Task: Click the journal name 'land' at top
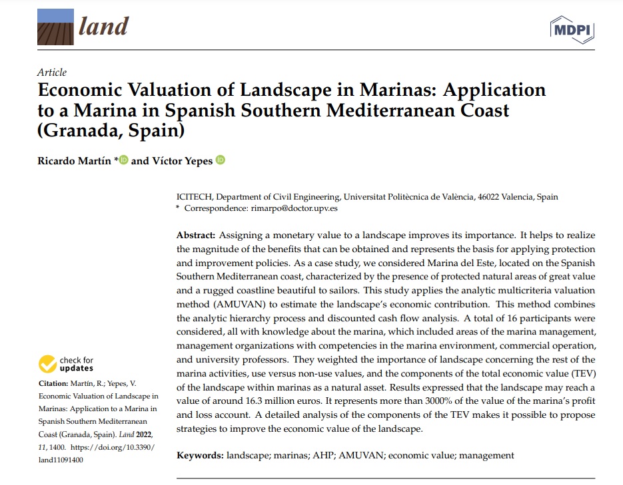point(103,26)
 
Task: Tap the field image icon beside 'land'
point(55,27)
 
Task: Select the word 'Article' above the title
point(52,73)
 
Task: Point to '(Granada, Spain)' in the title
point(111,129)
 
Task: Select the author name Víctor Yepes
point(182,161)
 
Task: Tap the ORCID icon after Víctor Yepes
point(221,160)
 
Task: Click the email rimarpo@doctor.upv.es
point(294,208)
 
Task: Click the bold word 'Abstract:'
point(196,236)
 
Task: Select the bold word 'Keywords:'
point(200,455)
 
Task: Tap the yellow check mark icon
point(47,364)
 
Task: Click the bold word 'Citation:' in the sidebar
point(54,384)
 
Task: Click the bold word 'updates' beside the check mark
point(77,368)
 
